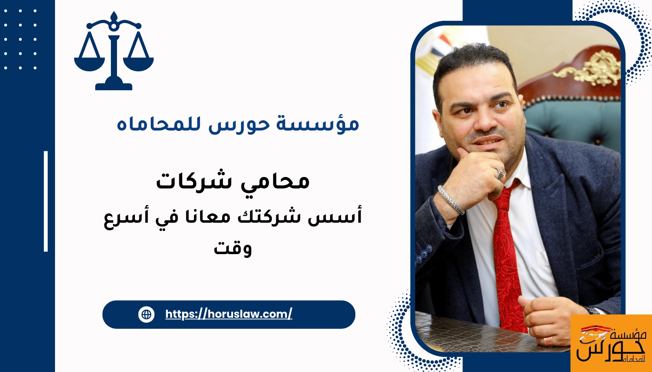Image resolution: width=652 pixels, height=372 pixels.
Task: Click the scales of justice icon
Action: pyautogui.click(x=114, y=51)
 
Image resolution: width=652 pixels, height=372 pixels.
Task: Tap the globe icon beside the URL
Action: pyautogui.click(x=146, y=314)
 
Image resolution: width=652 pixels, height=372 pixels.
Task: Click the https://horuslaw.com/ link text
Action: pyautogui.click(x=229, y=314)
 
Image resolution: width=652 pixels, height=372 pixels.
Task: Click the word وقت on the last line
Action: pyautogui.click(x=233, y=248)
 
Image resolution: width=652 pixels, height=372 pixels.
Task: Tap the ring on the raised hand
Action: pyautogui.click(x=500, y=174)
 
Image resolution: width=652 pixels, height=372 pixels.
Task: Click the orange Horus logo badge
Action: pyautogui.click(x=611, y=343)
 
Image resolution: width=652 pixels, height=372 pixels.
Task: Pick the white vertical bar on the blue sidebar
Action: pyautogui.click(x=46, y=201)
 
